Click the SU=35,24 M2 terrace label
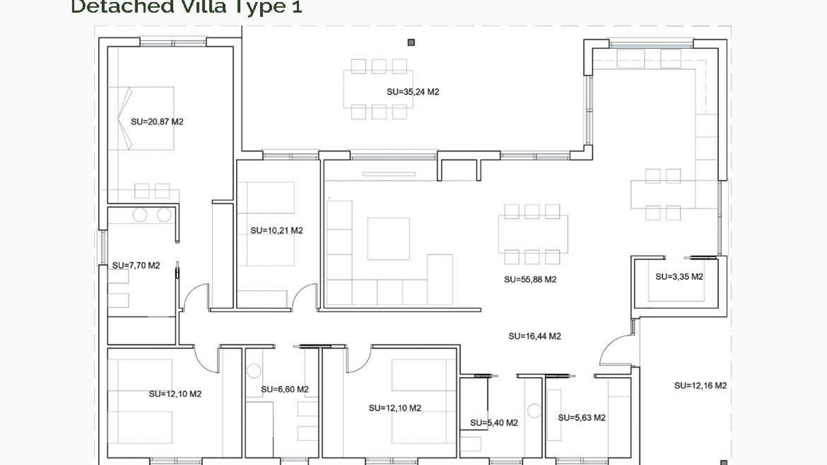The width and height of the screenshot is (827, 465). (413, 92)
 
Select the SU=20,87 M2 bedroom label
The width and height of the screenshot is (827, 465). (157, 122)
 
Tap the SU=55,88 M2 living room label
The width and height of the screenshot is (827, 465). (530, 279)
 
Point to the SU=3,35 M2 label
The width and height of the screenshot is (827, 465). (679, 277)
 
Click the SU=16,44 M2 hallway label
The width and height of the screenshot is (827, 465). (534, 336)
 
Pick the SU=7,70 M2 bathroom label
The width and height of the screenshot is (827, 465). (136, 266)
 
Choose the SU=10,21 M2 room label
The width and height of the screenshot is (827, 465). (277, 231)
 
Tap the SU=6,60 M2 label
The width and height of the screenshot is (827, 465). (285, 390)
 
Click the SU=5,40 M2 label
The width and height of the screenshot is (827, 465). (494, 423)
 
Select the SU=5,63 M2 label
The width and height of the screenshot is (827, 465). (581, 418)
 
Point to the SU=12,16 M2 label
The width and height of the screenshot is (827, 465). (700, 386)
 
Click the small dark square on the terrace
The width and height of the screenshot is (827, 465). (411, 42)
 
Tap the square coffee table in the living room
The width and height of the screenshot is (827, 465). (388, 239)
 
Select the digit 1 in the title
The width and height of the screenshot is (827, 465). (297, 7)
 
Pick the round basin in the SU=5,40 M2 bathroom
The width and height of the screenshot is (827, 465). (534, 410)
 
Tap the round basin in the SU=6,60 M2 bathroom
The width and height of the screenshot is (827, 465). (254, 371)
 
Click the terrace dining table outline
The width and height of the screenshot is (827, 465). (378, 89)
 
